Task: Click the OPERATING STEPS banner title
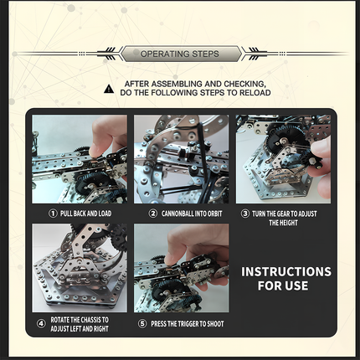tap(179, 54)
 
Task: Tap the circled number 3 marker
tap(245, 213)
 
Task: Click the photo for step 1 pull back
tap(80, 160)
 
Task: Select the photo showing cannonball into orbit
tap(181, 160)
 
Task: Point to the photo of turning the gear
tap(283, 160)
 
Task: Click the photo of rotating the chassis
tap(80, 268)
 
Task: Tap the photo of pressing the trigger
tap(181, 268)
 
